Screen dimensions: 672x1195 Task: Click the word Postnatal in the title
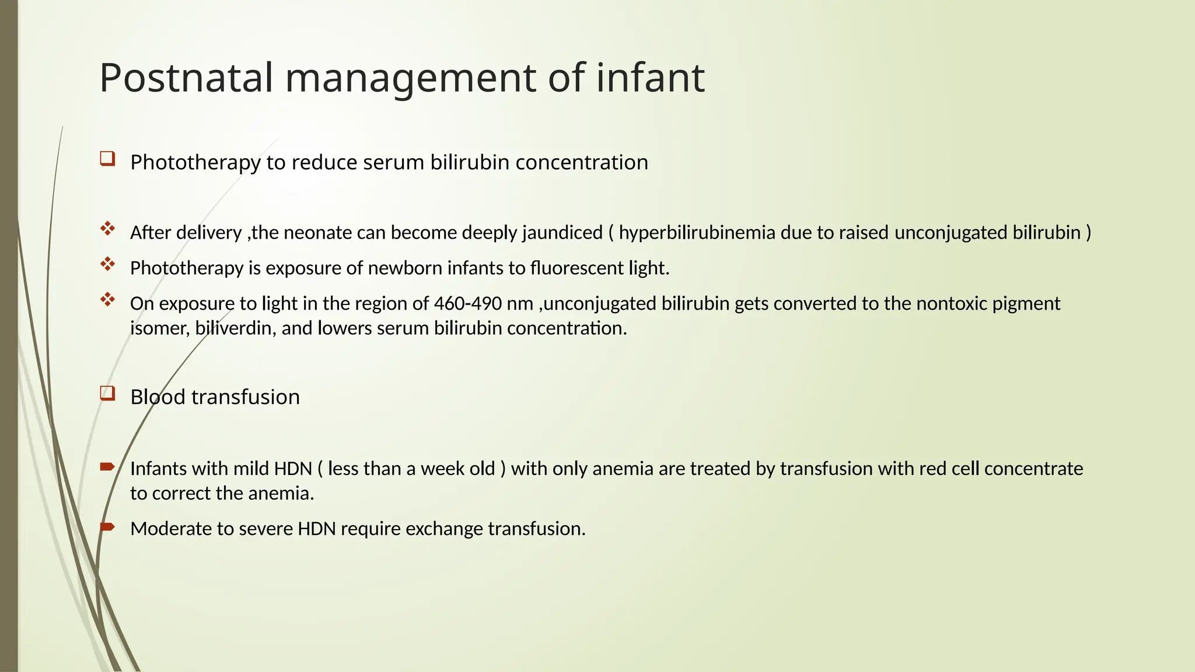(186, 78)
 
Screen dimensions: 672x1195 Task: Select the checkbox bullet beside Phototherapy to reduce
(107, 159)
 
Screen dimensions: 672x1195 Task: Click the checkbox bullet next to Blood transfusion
(107, 394)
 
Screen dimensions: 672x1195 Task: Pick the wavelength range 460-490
(467, 304)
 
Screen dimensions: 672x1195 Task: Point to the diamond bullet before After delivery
(107, 229)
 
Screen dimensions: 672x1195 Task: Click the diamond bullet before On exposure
(107, 300)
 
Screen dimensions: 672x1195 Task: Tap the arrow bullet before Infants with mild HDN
(107, 466)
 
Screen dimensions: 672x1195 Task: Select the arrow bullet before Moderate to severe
(107, 527)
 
